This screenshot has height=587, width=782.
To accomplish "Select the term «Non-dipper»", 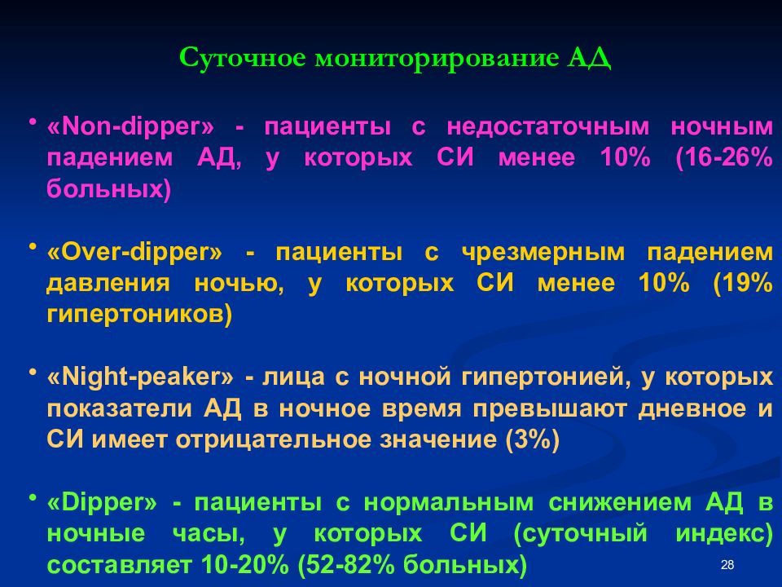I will click(131, 127).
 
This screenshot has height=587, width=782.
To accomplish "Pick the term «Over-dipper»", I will click(134, 253).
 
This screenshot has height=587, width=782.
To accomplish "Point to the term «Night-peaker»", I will click(140, 378).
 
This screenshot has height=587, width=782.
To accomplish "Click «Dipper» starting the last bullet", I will click(102, 503).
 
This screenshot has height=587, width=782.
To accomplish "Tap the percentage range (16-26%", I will click(723, 158).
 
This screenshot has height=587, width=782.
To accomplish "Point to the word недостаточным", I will click(548, 127).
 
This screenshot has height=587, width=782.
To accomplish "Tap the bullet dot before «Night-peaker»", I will click(33, 373).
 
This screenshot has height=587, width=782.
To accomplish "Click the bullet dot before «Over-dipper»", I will click(33, 247).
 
